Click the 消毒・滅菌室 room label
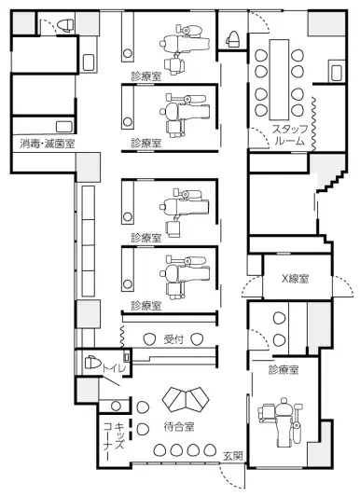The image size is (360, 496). tap(48, 144)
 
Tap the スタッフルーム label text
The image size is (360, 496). tap(290, 135)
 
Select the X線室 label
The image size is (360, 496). tap(296, 279)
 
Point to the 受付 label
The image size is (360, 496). tap(173, 339)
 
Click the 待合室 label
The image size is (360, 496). tap(179, 426)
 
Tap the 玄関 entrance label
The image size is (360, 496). tap(233, 456)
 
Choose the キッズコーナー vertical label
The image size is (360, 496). tap(114, 441)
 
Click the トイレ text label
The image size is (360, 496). tap(114, 368)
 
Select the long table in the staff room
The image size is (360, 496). tap(280, 80)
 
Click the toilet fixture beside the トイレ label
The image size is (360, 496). tap(92, 362)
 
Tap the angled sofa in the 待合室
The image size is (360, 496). tap(186, 399)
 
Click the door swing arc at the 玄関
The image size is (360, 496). tap(231, 475)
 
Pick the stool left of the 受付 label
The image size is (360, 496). tap(149, 339)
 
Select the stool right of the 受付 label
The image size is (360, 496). tap(196, 339)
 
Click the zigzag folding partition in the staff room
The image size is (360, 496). tap(313, 124)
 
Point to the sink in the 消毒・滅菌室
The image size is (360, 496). tap(64, 127)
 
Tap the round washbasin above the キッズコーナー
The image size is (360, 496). tap(116, 406)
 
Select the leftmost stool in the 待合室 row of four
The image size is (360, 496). tap(159, 450)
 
